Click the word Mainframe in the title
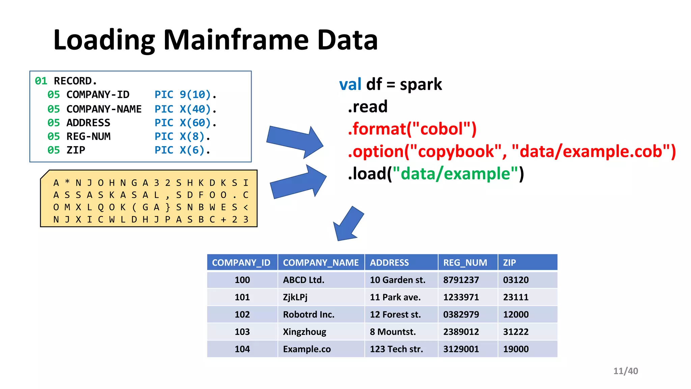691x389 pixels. [236, 40]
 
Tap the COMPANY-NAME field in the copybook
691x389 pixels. [104, 109]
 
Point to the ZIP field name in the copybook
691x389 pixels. [76, 150]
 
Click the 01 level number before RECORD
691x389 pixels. [41, 81]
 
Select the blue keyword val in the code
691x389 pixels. [350, 84]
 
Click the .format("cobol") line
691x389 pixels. [412, 129]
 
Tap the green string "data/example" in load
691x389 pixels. [455, 174]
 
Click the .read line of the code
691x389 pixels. [368, 107]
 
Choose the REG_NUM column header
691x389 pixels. [465, 262]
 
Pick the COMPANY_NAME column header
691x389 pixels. [321, 262]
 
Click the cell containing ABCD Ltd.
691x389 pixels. [304, 280]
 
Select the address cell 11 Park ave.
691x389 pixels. [395, 297]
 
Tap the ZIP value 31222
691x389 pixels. [516, 332]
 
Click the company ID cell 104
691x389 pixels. [242, 349]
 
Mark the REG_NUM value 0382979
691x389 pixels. [461, 314]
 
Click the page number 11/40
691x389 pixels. [625, 371]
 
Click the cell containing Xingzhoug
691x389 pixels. [304, 332]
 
